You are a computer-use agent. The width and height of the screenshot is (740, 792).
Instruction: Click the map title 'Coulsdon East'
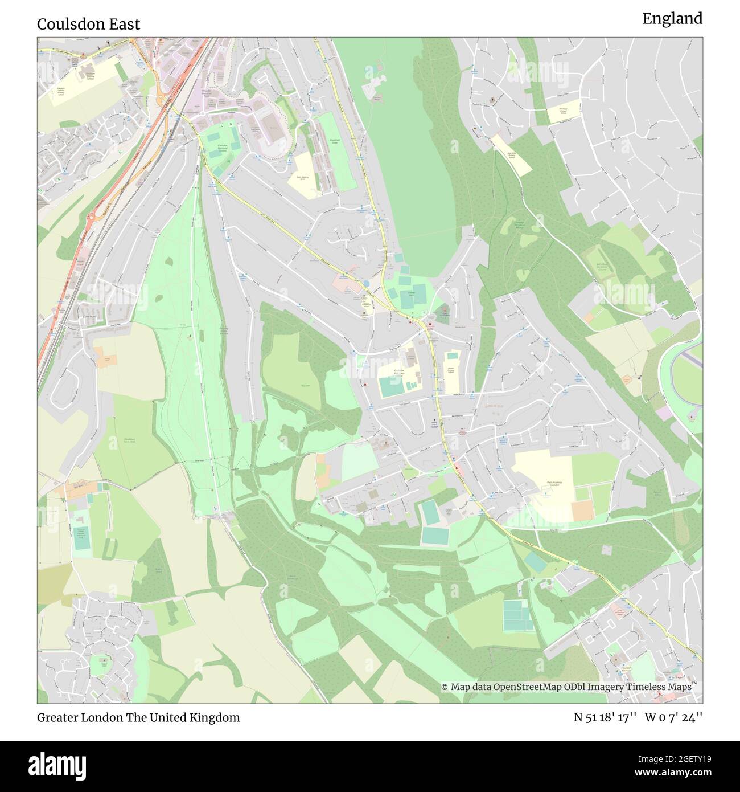(x=88, y=24)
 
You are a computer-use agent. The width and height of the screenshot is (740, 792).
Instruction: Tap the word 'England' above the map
(x=672, y=19)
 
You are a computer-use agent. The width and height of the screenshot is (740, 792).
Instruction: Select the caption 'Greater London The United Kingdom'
(x=138, y=717)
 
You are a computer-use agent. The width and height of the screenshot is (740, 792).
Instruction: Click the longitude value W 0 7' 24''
(x=673, y=717)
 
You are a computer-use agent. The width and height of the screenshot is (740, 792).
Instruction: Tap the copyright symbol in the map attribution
(x=445, y=687)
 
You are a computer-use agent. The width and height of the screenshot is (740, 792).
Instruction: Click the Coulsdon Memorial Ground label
(x=221, y=149)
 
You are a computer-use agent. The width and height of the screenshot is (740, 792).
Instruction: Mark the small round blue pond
(x=365, y=283)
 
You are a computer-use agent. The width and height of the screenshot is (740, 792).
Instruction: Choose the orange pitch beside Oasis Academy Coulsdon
(x=582, y=511)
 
